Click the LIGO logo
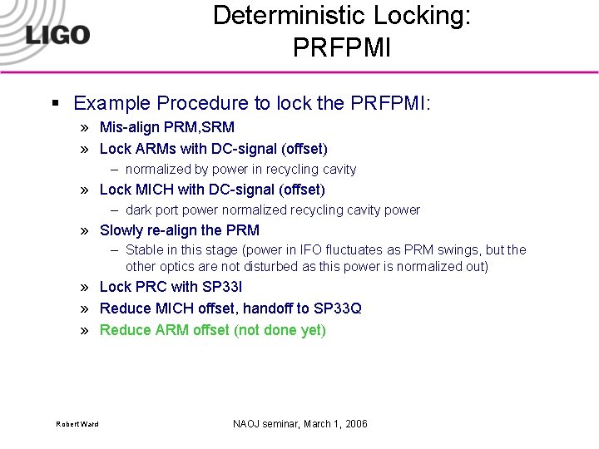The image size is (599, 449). point(57,34)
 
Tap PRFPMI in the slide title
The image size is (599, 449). point(341,47)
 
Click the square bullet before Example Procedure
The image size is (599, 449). point(56,104)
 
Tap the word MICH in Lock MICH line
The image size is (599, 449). point(152,190)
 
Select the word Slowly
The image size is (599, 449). point(124,230)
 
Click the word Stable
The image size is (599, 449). point(146,250)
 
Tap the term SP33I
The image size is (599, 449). point(222,287)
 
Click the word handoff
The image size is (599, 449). point(266,308)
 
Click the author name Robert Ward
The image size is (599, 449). point(77,425)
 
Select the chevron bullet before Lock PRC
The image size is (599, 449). point(86,288)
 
